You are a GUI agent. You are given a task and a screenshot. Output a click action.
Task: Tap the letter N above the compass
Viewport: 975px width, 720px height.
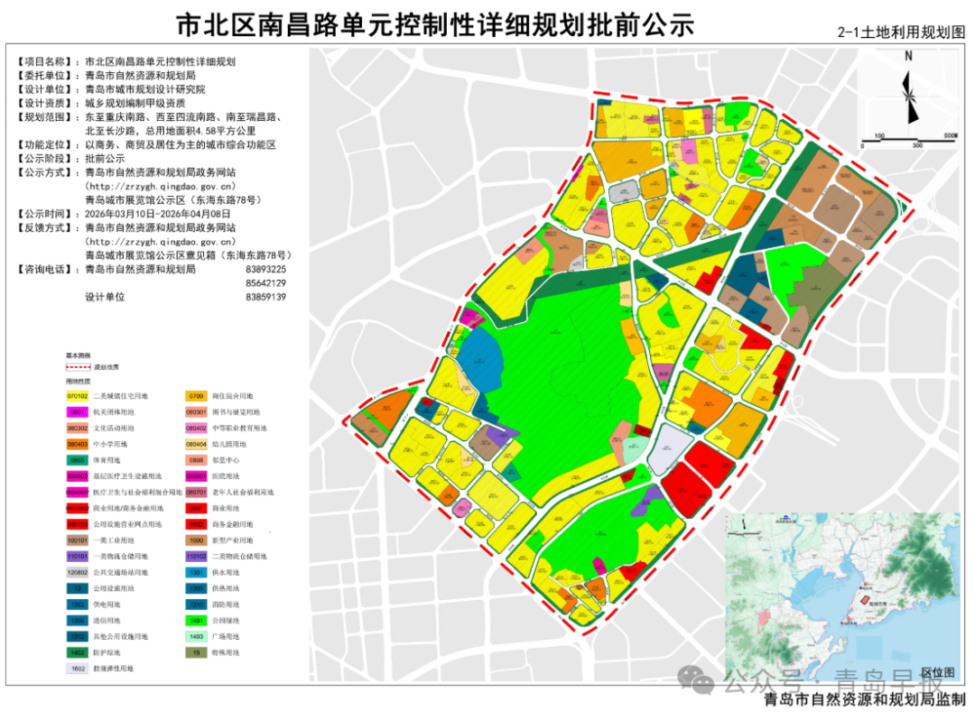tap(909, 56)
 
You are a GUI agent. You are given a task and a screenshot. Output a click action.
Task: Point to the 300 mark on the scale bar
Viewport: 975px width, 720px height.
tap(917, 144)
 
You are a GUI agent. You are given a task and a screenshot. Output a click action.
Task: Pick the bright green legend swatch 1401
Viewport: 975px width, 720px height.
tap(197, 620)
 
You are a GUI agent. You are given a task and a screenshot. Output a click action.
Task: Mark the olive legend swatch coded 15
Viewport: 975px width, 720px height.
tap(197, 652)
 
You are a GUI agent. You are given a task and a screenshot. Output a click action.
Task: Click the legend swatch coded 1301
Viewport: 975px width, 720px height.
tap(197, 572)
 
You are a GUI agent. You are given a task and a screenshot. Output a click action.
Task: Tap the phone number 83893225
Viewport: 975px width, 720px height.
tap(265, 269)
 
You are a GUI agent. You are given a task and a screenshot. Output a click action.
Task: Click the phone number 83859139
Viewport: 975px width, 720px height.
tap(265, 296)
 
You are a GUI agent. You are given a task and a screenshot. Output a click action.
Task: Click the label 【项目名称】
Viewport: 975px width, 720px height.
tap(47, 62)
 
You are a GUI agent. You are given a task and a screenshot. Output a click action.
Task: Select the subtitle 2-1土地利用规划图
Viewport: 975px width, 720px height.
tap(901, 32)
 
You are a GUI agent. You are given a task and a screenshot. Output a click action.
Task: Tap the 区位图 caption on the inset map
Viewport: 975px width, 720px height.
tap(937, 673)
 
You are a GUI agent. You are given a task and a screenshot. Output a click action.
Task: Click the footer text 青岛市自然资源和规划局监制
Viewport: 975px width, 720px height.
tap(863, 700)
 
